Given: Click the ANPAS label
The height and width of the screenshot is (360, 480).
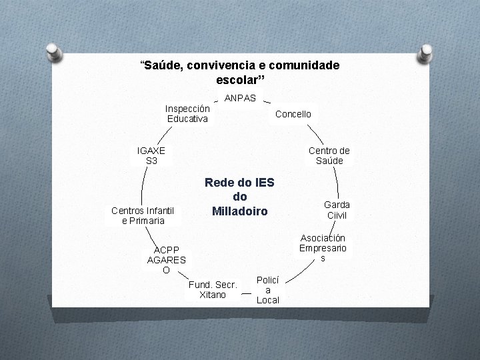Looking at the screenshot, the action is [x=241, y=98].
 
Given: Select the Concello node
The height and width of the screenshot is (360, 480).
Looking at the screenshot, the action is [x=293, y=114].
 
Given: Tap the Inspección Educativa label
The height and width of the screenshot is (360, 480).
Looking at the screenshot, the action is [x=187, y=113].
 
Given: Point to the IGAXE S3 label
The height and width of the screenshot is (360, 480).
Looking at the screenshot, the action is [x=151, y=155].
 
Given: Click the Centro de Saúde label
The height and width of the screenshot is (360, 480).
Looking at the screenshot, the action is [x=329, y=155].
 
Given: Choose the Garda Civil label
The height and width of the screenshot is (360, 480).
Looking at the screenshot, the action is [x=337, y=209].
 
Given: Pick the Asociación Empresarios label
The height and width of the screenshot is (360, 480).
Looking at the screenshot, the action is [x=323, y=247].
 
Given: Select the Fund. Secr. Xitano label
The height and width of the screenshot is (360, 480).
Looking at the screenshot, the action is [x=213, y=289].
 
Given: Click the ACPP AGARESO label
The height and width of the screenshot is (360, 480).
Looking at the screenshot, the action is [x=166, y=260].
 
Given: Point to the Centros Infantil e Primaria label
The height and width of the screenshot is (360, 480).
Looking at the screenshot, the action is [x=143, y=215].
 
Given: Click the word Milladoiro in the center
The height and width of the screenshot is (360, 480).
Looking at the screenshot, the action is [x=239, y=211].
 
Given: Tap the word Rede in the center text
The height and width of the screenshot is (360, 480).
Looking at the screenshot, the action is [x=218, y=182].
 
